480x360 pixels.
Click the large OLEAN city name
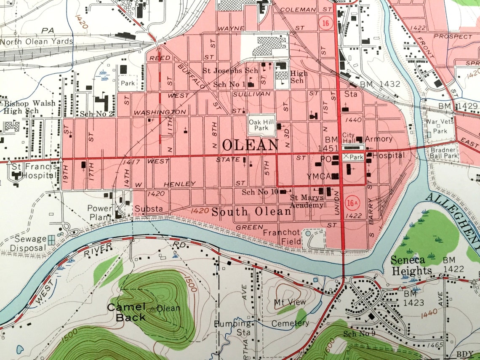point(250,145)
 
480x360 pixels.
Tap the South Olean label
point(251,211)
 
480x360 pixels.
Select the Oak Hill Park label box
point(261,125)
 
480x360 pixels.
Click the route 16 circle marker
point(324,22)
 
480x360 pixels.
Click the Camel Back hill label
point(126,312)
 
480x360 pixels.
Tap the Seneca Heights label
point(411,265)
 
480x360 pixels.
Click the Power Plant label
point(100,213)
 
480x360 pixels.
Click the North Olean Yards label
point(36,42)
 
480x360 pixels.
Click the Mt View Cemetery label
point(290,312)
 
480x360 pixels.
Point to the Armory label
point(379,139)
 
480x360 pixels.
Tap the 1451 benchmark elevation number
point(328,148)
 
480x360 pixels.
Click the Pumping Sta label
point(233,328)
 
